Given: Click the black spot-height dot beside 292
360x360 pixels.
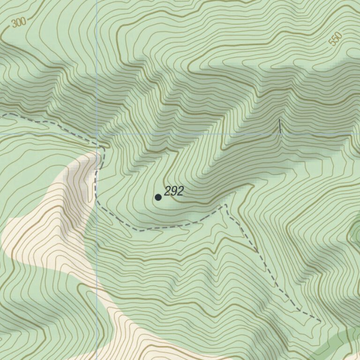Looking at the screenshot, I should (x=158, y=197).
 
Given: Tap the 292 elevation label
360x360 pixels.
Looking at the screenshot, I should (x=174, y=191).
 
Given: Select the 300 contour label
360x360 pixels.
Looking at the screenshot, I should (x=19, y=22).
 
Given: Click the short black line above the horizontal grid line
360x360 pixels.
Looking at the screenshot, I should (x=280, y=126).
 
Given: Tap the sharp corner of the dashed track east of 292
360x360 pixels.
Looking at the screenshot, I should (x=225, y=205).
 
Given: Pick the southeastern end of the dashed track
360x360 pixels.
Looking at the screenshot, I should (x=320, y=322).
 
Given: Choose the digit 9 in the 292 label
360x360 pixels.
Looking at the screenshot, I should (x=174, y=191).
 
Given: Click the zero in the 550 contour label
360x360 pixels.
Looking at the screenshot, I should (x=339, y=36).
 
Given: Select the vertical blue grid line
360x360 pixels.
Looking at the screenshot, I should (x=97, y=70).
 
